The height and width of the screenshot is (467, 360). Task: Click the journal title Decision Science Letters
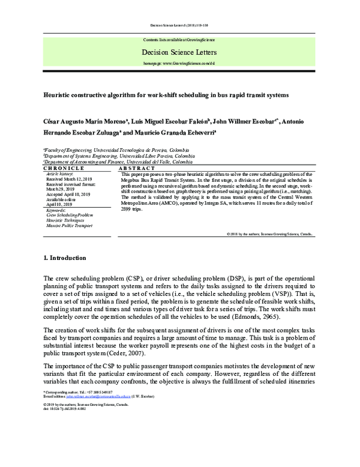tap(179, 52)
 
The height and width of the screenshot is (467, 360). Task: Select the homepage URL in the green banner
tap(179, 62)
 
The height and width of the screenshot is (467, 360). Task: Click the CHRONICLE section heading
tap(64, 169)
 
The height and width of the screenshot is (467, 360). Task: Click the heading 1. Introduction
tap(65, 258)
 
